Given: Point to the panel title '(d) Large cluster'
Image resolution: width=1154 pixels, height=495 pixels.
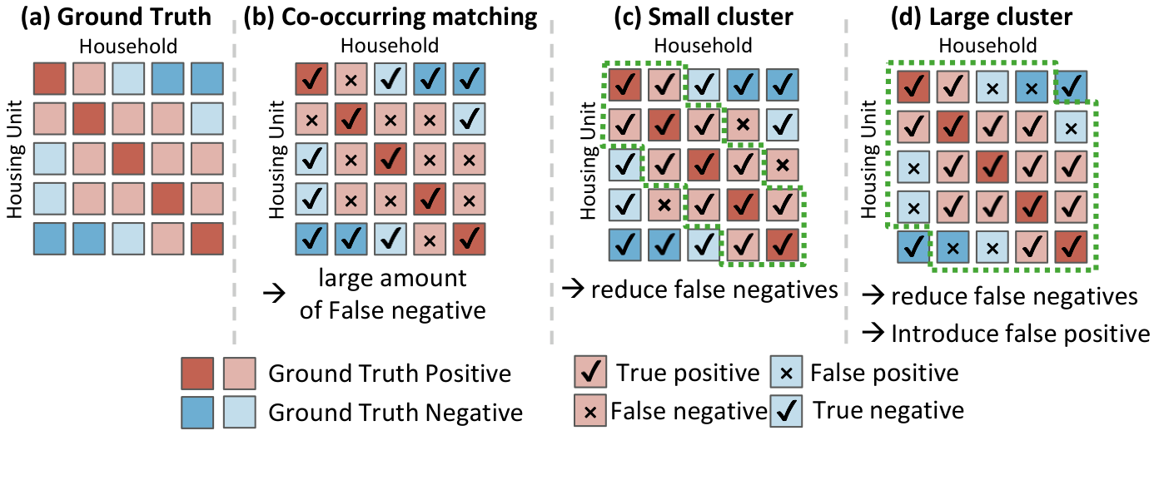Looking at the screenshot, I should coord(987,17).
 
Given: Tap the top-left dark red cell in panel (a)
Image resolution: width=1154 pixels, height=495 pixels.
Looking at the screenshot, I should coord(49,79).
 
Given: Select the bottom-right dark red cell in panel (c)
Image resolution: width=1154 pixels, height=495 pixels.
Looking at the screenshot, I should coord(782,245).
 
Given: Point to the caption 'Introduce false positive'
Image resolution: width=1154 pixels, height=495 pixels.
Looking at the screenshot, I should coord(1019,334).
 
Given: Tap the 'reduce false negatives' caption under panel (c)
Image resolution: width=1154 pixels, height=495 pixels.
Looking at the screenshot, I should coord(713,290).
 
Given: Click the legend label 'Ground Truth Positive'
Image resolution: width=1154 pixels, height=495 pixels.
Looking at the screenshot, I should coord(389,374).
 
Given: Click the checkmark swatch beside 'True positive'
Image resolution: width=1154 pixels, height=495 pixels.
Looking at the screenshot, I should coord(590,373).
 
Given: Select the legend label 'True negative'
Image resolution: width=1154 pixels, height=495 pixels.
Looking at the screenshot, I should coord(888,410).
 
